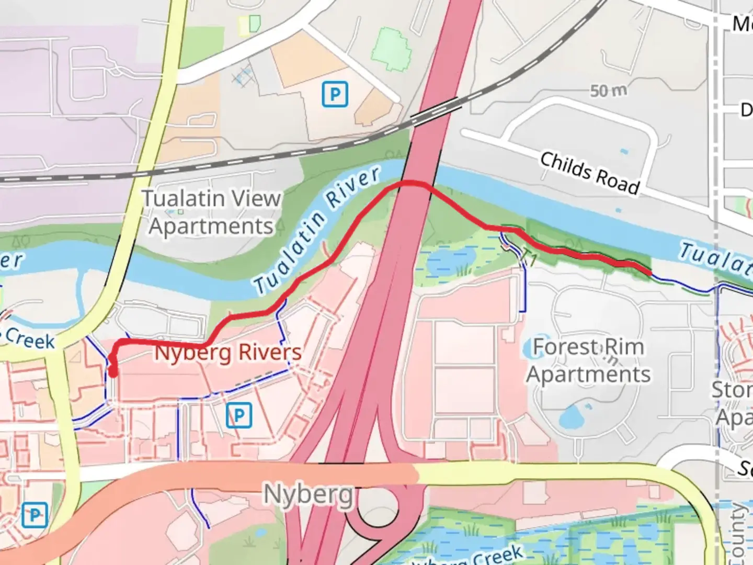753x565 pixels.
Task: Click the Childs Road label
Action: [590, 173]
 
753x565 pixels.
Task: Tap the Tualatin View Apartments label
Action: [212, 212]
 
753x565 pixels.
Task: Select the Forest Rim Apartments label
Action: [589, 361]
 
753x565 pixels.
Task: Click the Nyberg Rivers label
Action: [228, 353]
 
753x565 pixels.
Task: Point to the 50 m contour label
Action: [608, 91]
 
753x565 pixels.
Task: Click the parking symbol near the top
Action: [335, 95]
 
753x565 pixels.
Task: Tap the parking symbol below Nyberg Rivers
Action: [239, 415]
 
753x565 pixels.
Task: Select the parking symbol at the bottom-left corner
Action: [35, 515]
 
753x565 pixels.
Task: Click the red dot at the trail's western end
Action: [112, 372]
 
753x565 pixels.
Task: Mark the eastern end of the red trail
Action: [649, 272]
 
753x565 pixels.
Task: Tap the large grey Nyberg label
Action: [308, 494]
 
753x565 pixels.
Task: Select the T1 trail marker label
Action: [529, 258]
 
